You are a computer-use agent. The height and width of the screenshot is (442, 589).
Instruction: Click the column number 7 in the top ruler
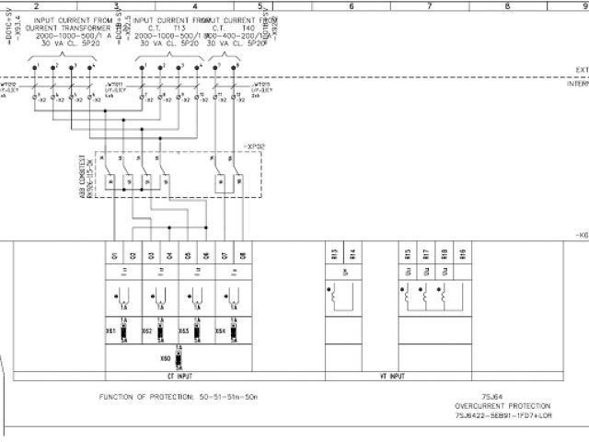click(x=430, y=6)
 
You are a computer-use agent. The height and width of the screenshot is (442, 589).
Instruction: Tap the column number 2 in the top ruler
click(x=36, y=6)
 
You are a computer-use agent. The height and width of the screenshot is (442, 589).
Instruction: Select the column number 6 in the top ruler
click(x=352, y=6)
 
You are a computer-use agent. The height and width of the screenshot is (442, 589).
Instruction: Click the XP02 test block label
click(x=254, y=145)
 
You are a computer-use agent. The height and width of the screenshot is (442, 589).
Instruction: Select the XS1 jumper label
click(x=110, y=330)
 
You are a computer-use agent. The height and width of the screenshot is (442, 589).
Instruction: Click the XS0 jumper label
click(x=166, y=356)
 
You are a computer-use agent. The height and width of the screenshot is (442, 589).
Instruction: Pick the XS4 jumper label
click(x=220, y=330)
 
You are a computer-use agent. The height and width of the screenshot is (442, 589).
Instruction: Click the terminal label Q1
click(x=115, y=255)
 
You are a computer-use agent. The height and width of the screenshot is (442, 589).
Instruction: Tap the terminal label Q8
click(x=243, y=255)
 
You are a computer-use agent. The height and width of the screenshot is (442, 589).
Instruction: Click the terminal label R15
click(x=409, y=253)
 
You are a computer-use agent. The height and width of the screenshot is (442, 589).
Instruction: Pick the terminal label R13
click(x=334, y=253)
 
